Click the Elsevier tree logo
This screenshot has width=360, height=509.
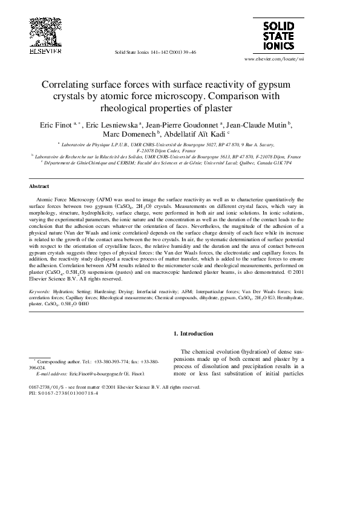point(45,30)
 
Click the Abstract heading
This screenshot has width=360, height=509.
point(39,187)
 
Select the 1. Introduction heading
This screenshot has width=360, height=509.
point(193,334)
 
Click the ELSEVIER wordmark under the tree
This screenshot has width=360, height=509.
point(45,52)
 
